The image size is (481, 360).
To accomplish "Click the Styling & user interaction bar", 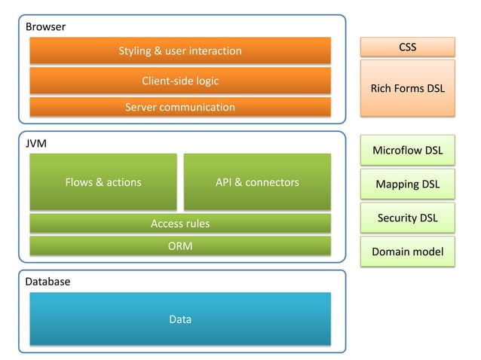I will (179, 50).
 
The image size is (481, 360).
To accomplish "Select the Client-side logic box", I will (179, 81).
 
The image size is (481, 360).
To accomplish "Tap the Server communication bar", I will (179, 107).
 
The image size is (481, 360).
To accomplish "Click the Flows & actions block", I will (103, 182).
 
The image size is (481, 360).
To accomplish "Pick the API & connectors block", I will (257, 182).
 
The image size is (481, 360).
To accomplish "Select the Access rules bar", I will (179, 223).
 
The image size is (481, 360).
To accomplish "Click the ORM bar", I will (179, 246).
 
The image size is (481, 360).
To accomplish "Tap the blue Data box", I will (179, 319).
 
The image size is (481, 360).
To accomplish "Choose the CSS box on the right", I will (407, 47).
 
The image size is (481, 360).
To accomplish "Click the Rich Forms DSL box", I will (407, 88).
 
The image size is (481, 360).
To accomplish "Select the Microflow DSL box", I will (407, 150).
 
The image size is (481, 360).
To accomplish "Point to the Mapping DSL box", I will (407, 184).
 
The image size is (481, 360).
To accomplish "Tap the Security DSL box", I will (407, 218).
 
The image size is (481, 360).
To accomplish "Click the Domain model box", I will (407, 252).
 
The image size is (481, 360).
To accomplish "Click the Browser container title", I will (46, 27).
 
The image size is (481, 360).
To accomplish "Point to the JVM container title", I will (36, 143).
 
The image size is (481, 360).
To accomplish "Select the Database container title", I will (48, 281).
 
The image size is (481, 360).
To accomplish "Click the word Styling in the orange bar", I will (135, 50).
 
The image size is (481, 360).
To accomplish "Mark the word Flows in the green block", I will (78, 182).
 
